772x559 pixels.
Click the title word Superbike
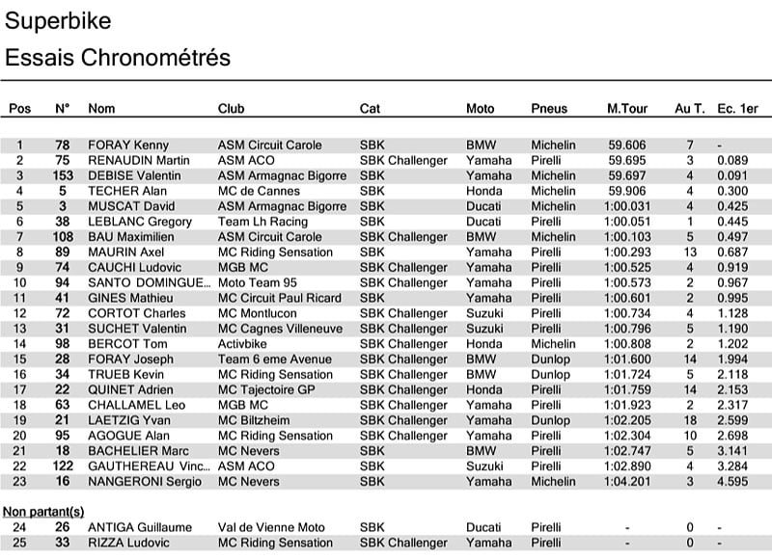[x=58, y=21]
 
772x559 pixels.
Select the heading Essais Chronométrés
[x=118, y=58]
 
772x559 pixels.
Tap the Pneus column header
[x=549, y=109]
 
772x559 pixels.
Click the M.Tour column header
[x=627, y=109]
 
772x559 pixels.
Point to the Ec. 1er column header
[x=737, y=109]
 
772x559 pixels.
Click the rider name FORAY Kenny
[x=128, y=145]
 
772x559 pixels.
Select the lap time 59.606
[x=627, y=145]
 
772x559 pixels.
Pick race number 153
[x=63, y=175]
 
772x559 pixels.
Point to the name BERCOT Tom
[x=128, y=344]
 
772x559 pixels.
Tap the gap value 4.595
[x=732, y=482]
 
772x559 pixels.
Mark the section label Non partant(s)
[x=43, y=511]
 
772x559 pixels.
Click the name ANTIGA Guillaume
[x=140, y=527]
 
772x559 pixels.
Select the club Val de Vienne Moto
[x=273, y=527]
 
